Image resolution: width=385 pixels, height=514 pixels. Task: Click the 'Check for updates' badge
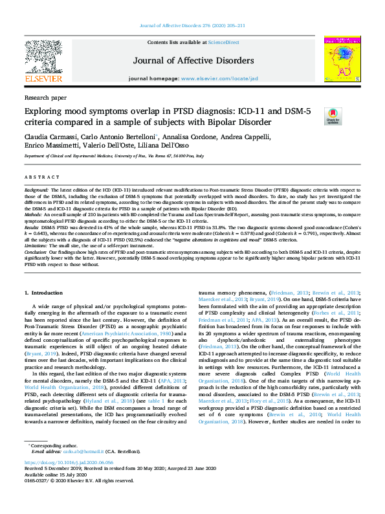point(333,117)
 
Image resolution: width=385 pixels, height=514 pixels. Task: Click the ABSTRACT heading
point(40,176)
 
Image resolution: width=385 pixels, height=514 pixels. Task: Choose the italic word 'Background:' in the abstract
point(37,190)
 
